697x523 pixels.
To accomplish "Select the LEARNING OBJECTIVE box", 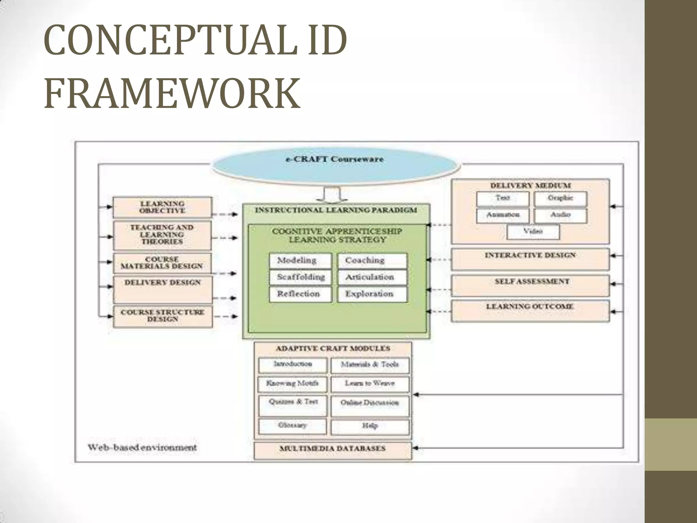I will click(162, 207).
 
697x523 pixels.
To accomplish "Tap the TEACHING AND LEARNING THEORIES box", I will click(162, 235).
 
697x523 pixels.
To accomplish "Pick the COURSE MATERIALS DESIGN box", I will click(162, 263).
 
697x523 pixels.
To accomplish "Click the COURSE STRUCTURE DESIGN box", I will click(163, 316).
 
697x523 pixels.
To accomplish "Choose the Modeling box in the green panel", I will click(300, 260).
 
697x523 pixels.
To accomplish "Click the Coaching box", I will click(372, 260).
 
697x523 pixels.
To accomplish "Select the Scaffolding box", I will click(300, 277).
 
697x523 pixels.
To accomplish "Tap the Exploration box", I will click(372, 294).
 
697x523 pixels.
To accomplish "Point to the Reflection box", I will click(300, 294).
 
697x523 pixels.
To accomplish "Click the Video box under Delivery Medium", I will click(533, 232).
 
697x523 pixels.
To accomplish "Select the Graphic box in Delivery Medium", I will click(560, 199).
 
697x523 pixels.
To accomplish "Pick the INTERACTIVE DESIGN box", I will click(530, 259).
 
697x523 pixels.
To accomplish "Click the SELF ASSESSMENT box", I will click(530, 285).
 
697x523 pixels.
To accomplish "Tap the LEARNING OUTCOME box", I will click(530, 310).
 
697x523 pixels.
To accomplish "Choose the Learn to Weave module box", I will click(370, 384).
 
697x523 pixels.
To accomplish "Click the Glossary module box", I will click(292, 426).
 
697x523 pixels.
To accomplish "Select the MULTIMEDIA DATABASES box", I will click(333, 449).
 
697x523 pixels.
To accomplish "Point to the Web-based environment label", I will click(142, 447).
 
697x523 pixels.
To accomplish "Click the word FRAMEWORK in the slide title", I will click(172, 93).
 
